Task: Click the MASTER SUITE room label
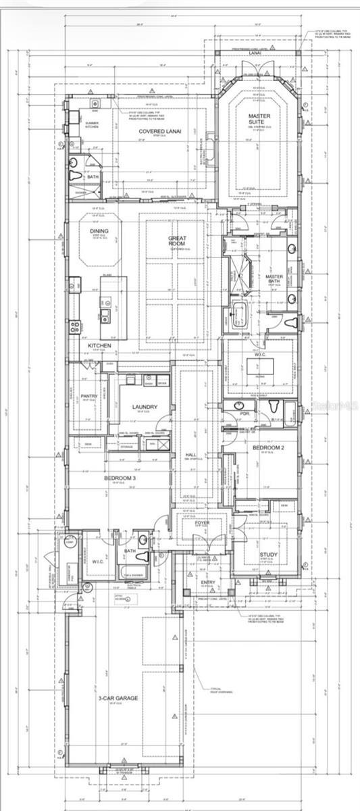(x=259, y=120)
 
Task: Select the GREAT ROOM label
(x=178, y=244)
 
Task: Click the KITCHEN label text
(x=99, y=345)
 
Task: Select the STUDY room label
(x=269, y=556)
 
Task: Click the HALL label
(x=190, y=456)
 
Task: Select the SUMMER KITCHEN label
(x=93, y=124)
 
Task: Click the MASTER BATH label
(x=274, y=277)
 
